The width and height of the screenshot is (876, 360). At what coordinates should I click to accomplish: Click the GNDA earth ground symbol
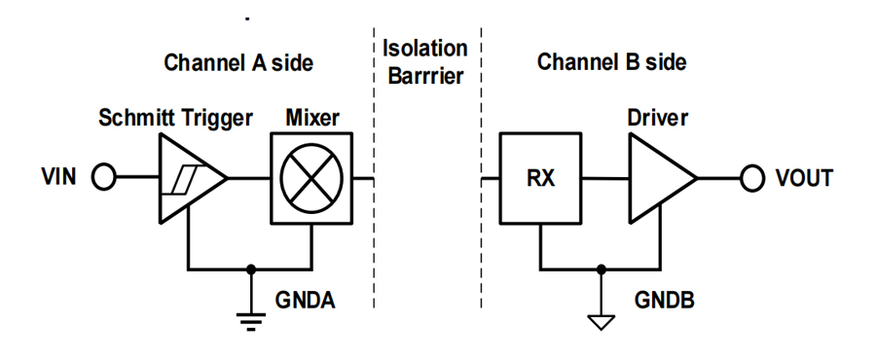click(x=251, y=321)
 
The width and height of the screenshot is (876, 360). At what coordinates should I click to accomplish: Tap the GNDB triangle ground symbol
click(x=602, y=323)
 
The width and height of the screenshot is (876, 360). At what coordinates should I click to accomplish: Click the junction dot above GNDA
click(x=251, y=270)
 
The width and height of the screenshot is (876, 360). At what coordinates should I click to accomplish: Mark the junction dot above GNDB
click(x=602, y=270)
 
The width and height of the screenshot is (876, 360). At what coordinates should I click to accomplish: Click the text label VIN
click(x=58, y=177)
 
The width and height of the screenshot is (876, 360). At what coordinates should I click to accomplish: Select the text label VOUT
click(x=804, y=178)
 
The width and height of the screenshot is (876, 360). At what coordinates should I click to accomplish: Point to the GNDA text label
click(x=305, y=301)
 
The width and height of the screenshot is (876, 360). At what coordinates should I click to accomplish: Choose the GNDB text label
click(x=664, y=301)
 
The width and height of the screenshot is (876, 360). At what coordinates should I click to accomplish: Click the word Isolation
click(x=424, y=48)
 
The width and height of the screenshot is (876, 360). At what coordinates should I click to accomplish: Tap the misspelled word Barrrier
click(x=425, y=75)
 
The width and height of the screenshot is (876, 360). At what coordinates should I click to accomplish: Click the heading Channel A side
click(x=238, y=62)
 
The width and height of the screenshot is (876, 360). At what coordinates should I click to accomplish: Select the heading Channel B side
click(x=612, y=62)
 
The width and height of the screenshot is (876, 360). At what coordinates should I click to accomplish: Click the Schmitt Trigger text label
click(x=175, y=118)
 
